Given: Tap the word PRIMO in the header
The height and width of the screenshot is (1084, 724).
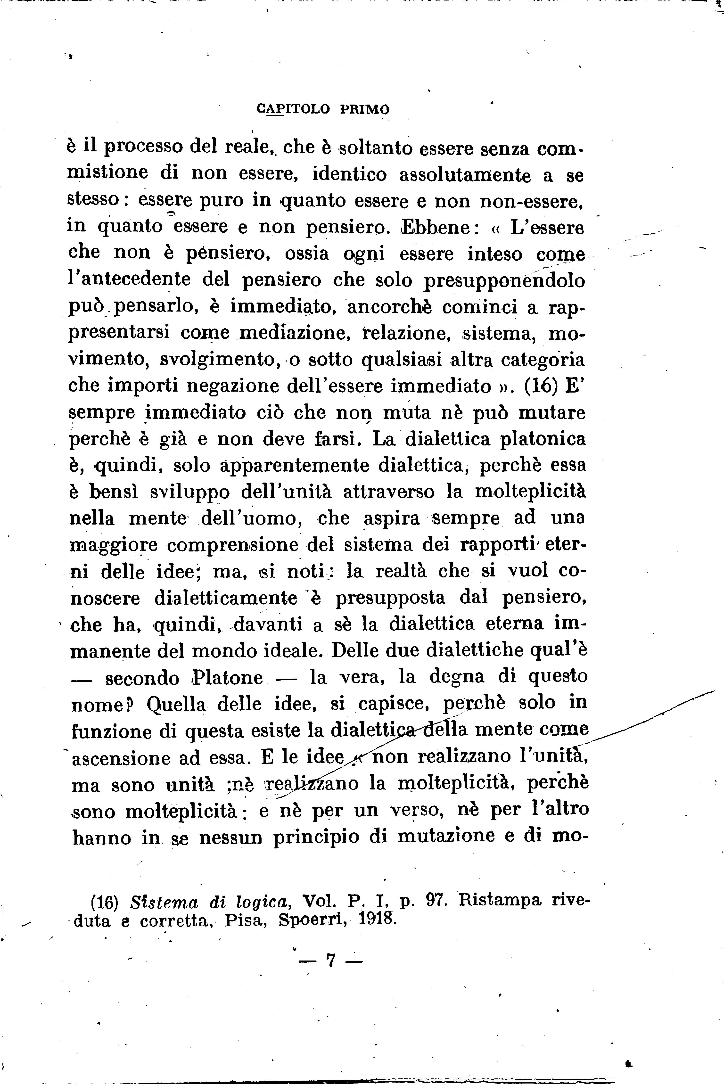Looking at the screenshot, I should (365, 109).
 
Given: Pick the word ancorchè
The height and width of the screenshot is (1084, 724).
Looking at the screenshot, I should (389, 307).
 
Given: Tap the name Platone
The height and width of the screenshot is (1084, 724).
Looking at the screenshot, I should (227, 677).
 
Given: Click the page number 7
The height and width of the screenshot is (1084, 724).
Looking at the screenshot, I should (330, 961).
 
